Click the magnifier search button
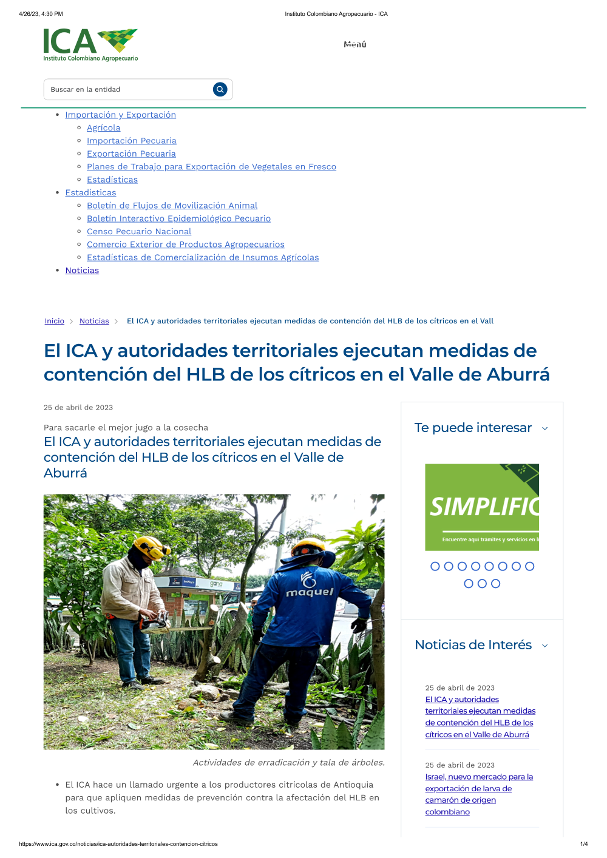[x=220, y=89]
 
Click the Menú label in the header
[x=355, y=44]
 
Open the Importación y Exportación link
[x=120, y=115]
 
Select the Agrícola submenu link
[x=103, y=127]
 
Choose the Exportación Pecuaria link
[x=131, y=154]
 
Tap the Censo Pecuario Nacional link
[x=139, y=231]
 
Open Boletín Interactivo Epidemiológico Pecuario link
[x=178, y=218]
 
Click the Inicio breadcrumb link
[x=54, y=321]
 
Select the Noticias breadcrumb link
[x=94, y=321]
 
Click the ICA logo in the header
[x=90, y=45]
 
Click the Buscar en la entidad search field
[x=127, y=89]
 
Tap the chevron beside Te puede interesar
[x=544, y=428]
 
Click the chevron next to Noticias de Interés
[x=544, y=646]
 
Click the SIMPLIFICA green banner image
[x=482, y=507]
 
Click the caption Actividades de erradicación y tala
[x=288, y=762]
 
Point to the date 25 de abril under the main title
[x=78, y=408]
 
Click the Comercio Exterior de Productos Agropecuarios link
[x=185, y=245]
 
